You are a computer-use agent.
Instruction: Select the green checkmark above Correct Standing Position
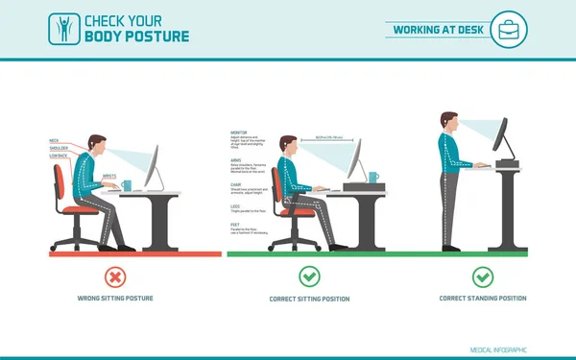[483, 276]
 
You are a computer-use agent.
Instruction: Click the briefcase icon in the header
[509, 30]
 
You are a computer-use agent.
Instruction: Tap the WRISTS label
[109, 177]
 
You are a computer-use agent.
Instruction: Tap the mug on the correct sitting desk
[372, 178]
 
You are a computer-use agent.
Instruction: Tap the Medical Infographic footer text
[498, 349]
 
